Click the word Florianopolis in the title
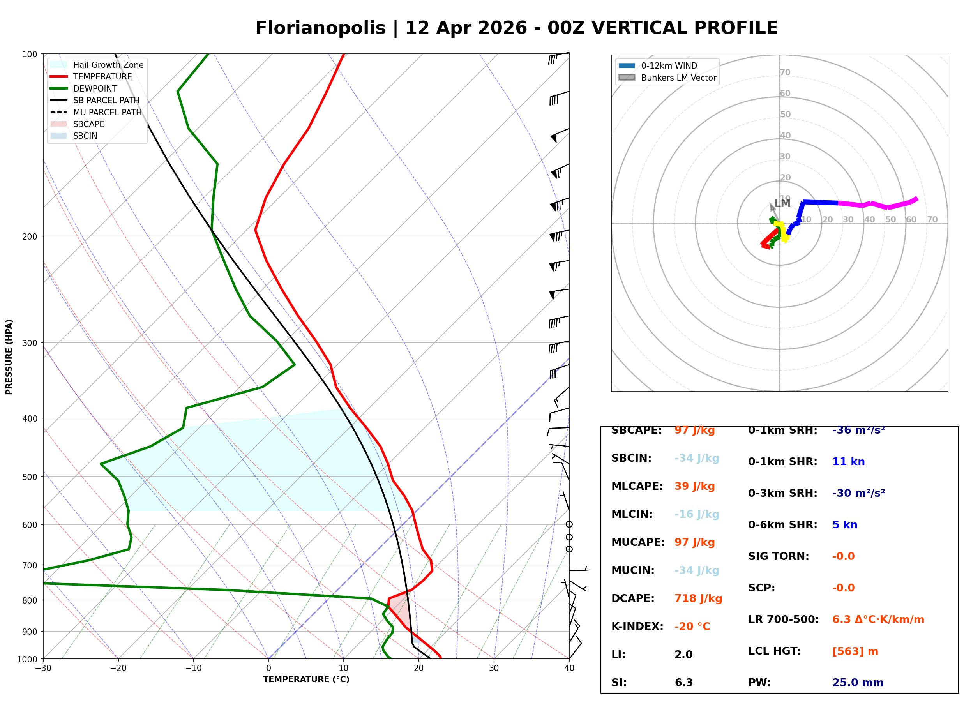(320, 28)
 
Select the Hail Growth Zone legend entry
(108, 65)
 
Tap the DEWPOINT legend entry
(95, 88)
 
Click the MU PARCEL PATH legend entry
(107, 112)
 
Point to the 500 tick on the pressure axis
(30, 477)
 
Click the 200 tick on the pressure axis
(30, 236)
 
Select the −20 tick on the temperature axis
(118, 668)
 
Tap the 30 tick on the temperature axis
(494, 668)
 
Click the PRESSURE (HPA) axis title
(9, 357)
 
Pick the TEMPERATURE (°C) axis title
(306, 679)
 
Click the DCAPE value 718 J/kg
(698, 598)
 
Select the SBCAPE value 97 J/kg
(694, 430)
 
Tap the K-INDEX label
(637, 627)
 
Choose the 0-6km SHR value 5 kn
(844, 525)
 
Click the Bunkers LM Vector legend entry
(678, 78)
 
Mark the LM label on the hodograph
(782, 203)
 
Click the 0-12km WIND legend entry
(669, 65)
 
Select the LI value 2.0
(683, 655)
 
